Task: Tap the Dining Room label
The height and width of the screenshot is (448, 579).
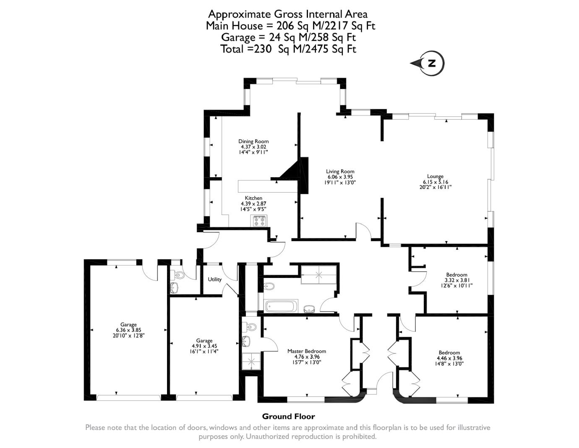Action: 253,141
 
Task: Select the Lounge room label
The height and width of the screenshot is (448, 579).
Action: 435,176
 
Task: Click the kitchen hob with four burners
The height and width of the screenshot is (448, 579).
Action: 259,221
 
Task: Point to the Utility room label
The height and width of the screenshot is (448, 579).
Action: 214,279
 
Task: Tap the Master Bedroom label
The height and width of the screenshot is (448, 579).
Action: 306,351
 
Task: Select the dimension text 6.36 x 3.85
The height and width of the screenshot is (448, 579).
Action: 128,330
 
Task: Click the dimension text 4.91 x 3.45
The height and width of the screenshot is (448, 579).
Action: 204,346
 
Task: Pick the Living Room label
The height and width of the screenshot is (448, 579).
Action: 340,171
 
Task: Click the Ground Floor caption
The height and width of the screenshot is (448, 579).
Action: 288,417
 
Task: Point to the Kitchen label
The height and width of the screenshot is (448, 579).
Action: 253,198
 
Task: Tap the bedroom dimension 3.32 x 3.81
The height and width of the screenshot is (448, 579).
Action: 456,280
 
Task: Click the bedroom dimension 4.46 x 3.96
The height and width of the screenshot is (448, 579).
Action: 449,358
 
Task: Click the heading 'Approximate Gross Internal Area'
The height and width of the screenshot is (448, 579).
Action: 288,14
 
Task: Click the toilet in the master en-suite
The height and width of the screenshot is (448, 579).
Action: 251,327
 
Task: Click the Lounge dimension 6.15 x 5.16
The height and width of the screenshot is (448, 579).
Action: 435,182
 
